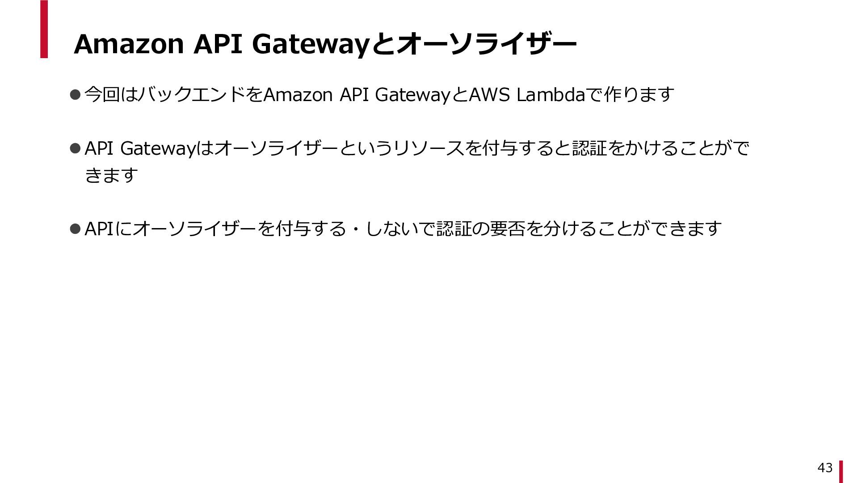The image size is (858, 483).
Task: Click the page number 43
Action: (x=825, y=467)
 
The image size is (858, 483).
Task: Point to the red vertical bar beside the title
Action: (x=44, y=29)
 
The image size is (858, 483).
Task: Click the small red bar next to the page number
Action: (x=841, y=471)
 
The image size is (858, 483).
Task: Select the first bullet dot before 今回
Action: (x=75, y=94)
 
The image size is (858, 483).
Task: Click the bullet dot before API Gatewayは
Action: (x=75, y=148)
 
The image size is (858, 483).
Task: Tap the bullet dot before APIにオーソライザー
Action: (x=75, y=229)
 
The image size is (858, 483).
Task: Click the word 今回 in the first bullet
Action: (x=102, y=94)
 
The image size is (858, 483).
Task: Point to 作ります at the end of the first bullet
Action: (x=639, y=94)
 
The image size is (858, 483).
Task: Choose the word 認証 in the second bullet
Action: (x=589, y=148)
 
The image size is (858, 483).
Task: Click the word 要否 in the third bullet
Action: (x=508, y=229)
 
